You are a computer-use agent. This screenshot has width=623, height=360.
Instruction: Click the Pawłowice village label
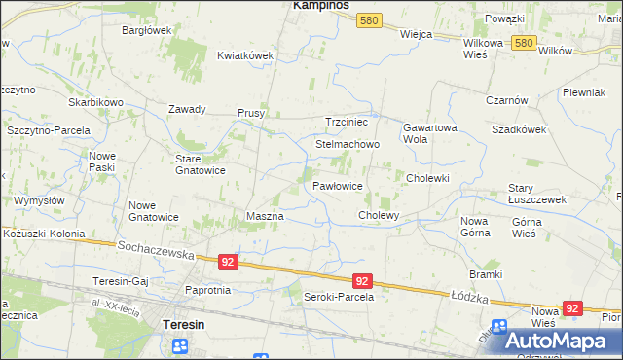tap(338, 185)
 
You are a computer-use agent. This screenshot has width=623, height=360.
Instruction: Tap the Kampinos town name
tap(321, 6)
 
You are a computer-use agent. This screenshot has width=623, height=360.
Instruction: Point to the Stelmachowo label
tap(347, 144)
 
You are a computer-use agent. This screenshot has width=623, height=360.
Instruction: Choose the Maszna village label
tap(265, 215)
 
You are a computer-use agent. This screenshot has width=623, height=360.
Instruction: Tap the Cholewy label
tap(379, 214)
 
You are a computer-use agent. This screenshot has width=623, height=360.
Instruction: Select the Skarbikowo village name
tap(95, 102)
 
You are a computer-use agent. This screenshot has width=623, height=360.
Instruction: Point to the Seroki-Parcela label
tap(339, 297)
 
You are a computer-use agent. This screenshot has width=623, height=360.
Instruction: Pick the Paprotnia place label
tap(207, 290)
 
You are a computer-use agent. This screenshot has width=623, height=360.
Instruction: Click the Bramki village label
tap(484, 274)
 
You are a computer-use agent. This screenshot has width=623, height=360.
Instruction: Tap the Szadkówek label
tap(517, 129)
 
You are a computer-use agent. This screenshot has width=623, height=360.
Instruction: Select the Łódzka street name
tap(469, 293)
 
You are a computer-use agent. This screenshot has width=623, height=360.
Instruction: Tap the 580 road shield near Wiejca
tap(368, 20)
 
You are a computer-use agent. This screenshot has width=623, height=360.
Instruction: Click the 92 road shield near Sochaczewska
tap(228, 262)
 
